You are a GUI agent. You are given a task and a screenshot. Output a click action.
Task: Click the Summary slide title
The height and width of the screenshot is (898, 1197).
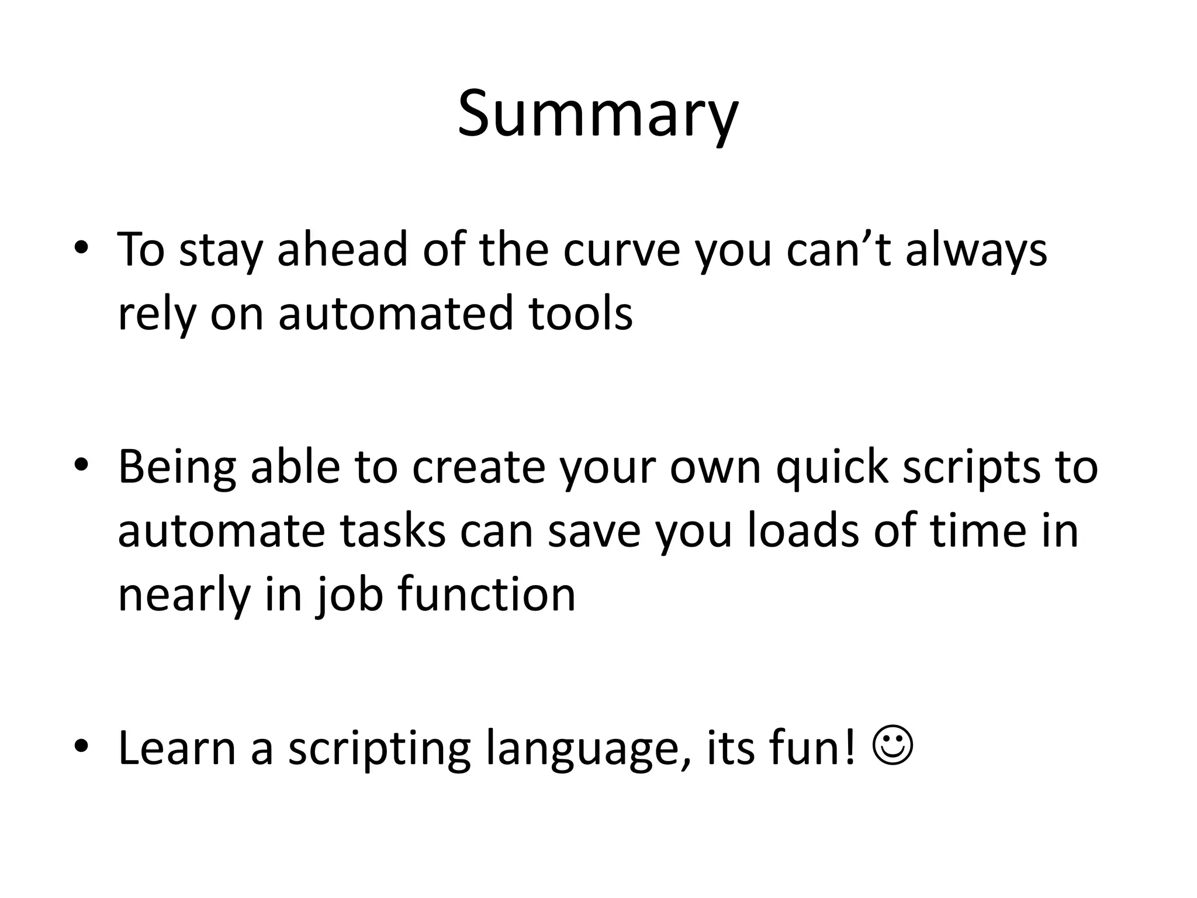(597, 114)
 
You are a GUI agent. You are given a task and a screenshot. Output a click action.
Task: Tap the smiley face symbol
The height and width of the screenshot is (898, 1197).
(892, 748)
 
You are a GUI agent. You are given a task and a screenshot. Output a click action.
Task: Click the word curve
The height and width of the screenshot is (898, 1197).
(622, 250)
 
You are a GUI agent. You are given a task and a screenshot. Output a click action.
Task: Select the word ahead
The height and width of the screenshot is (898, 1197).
(342, 250)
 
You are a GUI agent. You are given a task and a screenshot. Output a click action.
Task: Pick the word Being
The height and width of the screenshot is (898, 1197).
(177, 468)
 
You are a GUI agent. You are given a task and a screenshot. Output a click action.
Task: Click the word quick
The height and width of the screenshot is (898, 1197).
(831, 468)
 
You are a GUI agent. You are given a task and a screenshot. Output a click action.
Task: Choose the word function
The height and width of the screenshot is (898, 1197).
(486, 595)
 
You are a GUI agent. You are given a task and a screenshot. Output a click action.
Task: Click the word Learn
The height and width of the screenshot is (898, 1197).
(177, 748)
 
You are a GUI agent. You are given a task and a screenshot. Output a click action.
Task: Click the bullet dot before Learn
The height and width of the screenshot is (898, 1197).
(81, 748)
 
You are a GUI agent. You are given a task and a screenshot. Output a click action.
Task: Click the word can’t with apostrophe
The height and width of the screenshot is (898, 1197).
(838, 250)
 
